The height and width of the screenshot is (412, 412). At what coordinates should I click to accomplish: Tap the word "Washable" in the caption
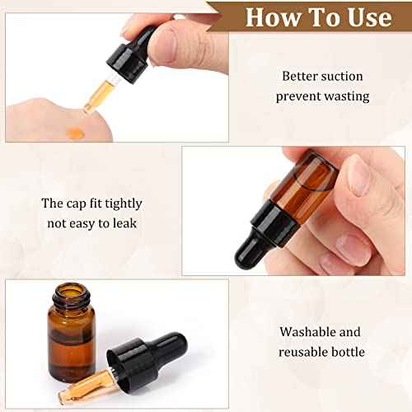307,333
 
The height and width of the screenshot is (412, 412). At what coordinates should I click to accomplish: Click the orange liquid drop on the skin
75,133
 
